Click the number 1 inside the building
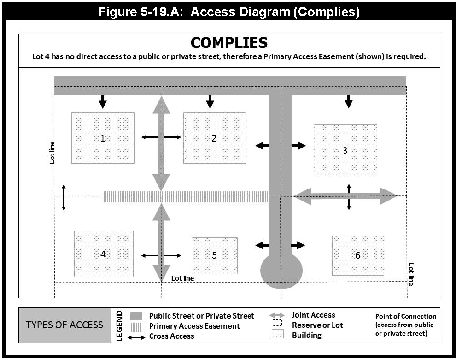(x=103, y=137)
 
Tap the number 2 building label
(x=214, y=137)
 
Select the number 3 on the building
(x=345, y=150)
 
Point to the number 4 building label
(x=103, y=254)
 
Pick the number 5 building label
(x=215, y=255)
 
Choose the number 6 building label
(x=358, y=255)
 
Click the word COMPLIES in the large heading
(x=229, y=43)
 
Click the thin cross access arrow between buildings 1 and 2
(x=161, y=137)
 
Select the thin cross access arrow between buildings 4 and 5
(x=161, y=255)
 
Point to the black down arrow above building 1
(x=103, y=101)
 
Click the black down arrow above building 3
(x=349, y=101)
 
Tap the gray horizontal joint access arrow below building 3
(x=345, y=196)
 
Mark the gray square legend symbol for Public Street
(x=136, y=316)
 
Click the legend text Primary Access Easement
(x=194, y=326)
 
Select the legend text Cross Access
(x=171, y=336)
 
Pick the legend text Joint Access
(x=313, y=315)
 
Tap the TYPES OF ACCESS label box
(x=64, y=325)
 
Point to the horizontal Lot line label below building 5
(x=182, y=278)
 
